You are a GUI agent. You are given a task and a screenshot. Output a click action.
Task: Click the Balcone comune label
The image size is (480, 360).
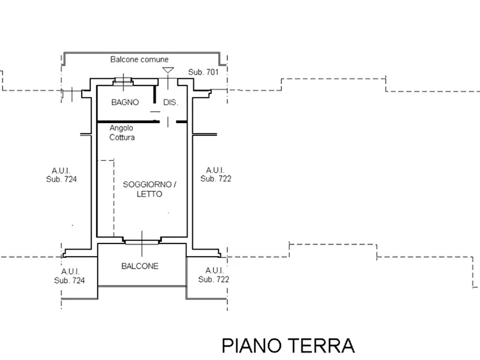(x=139, y=60)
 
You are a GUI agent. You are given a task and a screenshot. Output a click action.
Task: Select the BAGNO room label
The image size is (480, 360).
(x=125, y=102)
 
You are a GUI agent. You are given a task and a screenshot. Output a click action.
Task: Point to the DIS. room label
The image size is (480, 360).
(x=170, y=102)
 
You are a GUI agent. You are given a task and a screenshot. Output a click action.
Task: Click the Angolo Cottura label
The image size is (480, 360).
(x=122, y=133)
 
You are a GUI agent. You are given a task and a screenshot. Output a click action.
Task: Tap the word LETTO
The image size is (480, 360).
(x=150, y=193)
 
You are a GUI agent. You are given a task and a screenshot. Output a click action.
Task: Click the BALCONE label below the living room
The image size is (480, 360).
(x=140, y=266)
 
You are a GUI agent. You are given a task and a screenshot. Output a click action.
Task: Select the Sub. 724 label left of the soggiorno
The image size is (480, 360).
(x=61, y=179)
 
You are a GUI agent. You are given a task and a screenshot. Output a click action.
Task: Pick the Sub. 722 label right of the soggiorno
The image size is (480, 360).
(x=216, y=178)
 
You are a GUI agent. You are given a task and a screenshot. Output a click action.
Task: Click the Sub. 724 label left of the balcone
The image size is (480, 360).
(x=69, y=280)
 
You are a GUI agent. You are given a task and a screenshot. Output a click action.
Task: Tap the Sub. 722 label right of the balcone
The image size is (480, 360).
(x=213, y=279)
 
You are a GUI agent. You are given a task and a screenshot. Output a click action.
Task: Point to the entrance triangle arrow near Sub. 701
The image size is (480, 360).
(x=168, y=70)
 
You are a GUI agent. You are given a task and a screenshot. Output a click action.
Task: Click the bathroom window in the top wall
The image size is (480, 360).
(x=123, y=82)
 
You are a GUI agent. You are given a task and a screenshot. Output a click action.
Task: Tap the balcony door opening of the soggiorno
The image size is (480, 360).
(x=142, y=242)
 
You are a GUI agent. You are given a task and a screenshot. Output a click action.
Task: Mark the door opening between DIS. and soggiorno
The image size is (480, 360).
(x=168, y=122)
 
